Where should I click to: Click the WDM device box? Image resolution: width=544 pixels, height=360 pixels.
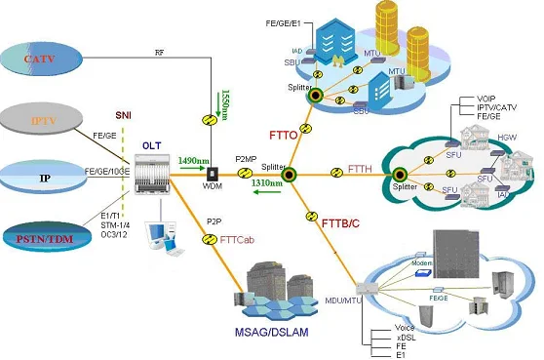(x=211, y=172)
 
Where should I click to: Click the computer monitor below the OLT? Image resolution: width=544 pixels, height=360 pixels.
(x=153, y=231)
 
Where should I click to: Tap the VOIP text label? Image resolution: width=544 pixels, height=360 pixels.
(x=488, y=100)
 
